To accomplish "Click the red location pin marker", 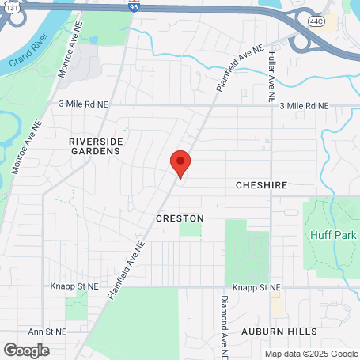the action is tap(180, 164).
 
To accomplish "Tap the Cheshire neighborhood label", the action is tap(260, 185).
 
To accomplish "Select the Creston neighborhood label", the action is tap(180, 218).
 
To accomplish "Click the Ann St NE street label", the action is tap(47, 332).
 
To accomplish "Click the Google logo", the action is tap(26, 350).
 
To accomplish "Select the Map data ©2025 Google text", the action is tap(310, 354).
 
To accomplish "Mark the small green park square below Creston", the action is tap(190, 229).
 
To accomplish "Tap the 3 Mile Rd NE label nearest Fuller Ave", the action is tap(304, 105).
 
